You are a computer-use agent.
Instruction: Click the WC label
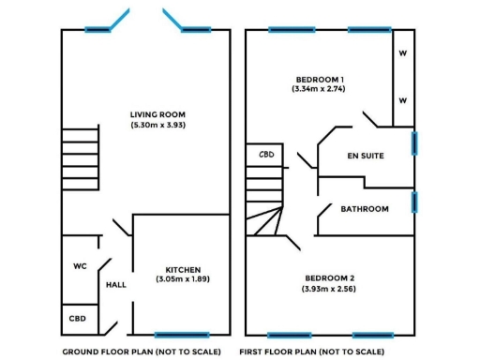click(x=80, y=266)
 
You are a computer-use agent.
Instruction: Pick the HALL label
click(x=116, y=285)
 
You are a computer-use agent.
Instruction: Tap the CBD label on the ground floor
click(x=78, y=319)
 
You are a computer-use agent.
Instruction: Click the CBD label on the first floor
click(x=266, y=155)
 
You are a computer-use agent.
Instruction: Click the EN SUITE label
click(x=364, y=156)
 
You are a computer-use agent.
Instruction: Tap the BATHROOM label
click(x=365, y=209)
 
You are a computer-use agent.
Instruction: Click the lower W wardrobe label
click(x=402, y=100)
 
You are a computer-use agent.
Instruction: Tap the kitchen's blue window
click(x=181, y=335)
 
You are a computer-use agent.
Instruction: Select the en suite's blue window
click(x=413, y=142)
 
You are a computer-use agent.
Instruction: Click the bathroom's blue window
click(x=413, y=202)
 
